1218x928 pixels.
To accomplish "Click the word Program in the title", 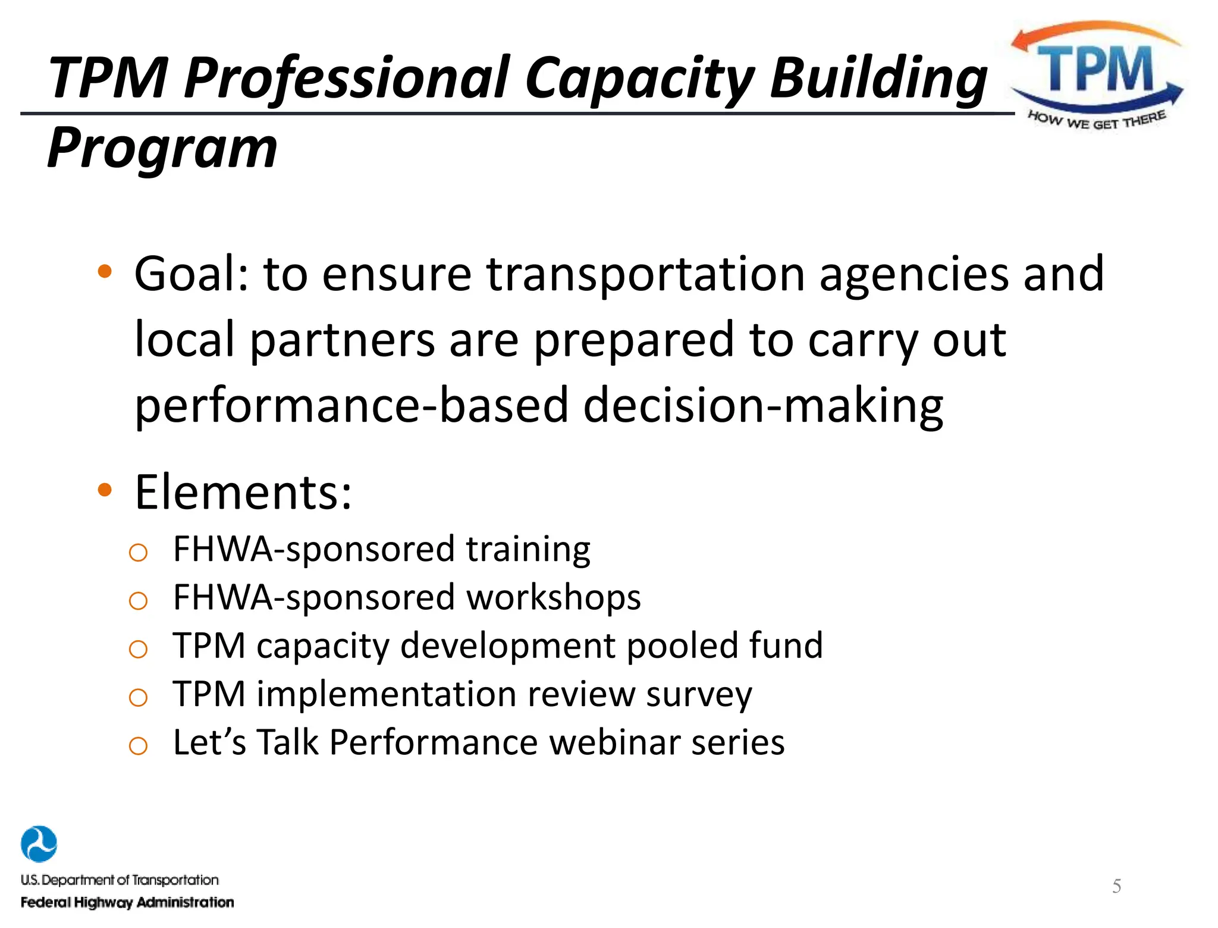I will coord(162,149).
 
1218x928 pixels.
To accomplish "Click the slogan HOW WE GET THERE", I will coord(1097,121).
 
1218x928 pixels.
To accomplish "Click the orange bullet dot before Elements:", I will coord(105,490).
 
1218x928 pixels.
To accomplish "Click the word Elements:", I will coord(243,493).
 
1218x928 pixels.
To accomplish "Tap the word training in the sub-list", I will coord(528,549).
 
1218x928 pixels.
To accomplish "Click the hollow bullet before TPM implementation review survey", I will coord(138,697).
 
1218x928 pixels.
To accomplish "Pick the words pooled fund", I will coord(724,645).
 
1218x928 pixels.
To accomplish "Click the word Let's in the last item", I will coord(209,742).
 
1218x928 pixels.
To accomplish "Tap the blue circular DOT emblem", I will coord(39,844).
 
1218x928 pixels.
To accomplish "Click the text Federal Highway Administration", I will coord(127,902).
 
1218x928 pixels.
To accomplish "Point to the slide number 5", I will coord(1116,886).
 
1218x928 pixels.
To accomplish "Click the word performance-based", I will coord(351,406).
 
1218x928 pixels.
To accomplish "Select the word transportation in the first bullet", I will coord(645,274).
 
